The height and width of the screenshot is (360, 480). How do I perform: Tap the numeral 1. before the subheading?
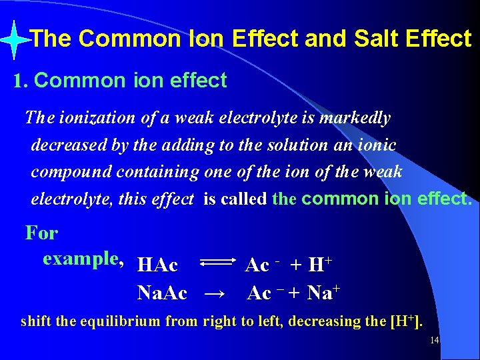[20, 81]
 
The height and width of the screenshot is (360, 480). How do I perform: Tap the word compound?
[71, 171]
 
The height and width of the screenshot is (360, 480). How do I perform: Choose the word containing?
[157, 171]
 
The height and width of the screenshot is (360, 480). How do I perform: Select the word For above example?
[41, 233]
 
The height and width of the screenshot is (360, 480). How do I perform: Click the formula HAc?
[157, 265]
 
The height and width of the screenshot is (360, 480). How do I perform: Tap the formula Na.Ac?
[162, 292]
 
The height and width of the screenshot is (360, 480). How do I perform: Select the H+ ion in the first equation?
[319, 264]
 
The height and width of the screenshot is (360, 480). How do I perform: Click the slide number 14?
[434, 341]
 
